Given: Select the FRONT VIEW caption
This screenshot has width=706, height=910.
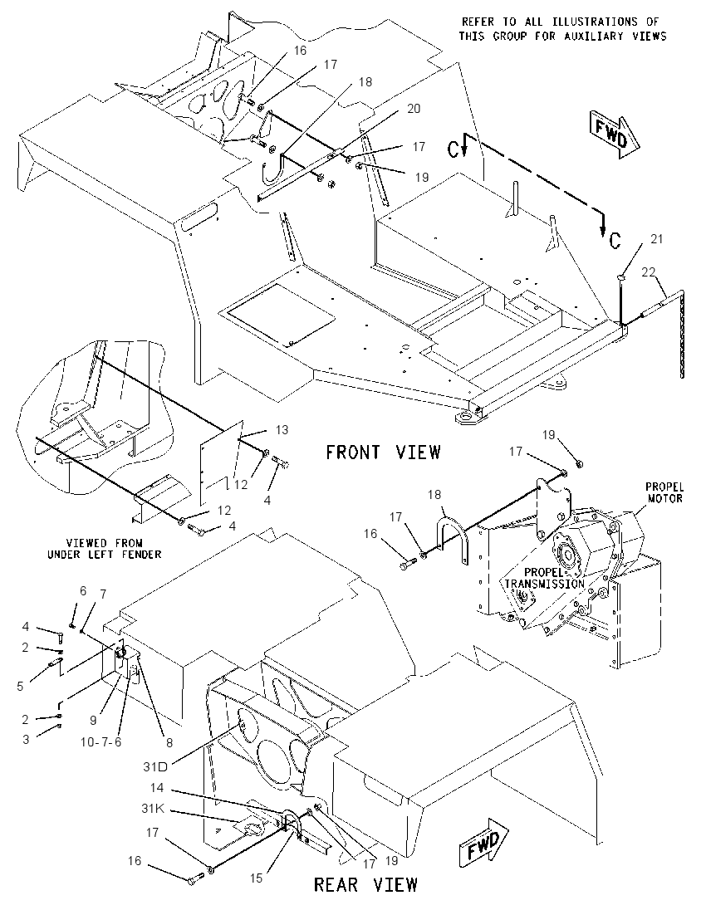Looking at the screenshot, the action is (x=383, y=452).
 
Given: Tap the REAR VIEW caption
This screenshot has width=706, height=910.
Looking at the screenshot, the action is (x=365, y=884).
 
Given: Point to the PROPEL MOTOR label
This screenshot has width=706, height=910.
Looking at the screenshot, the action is (x=664, y=492).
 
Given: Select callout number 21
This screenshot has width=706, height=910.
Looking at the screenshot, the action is (x=656, y=238).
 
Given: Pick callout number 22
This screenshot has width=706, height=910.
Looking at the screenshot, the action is (x=649, y=272).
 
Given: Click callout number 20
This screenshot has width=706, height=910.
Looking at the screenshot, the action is (x=414, y=109).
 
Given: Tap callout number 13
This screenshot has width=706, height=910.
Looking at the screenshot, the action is (x=282, y=430).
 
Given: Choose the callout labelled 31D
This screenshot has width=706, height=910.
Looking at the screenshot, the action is (x=155, y=766).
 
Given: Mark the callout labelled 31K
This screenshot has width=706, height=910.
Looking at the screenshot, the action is (x=154, y=809).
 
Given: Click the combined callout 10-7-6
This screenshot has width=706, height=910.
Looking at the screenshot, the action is (x=101, y=741).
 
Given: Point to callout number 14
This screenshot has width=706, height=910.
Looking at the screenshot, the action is (x=157, y=788).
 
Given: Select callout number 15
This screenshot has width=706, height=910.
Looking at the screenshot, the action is (x=256, y=878).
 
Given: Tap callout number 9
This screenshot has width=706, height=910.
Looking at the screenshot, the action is (x=93, y=721).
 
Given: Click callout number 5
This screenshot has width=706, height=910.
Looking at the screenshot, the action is (x=20, y=687).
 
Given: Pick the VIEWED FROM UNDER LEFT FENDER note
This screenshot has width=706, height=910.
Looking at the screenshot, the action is (x=105, y=549).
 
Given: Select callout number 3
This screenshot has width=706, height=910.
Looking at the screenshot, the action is (x=26, y=739).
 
